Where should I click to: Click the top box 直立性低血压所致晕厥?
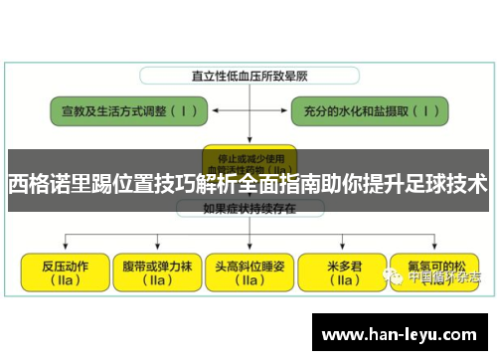point(248,75)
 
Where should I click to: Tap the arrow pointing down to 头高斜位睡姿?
point(249,246)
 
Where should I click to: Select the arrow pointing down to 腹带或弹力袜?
point(156,246)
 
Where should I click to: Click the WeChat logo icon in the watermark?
point(397,277)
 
